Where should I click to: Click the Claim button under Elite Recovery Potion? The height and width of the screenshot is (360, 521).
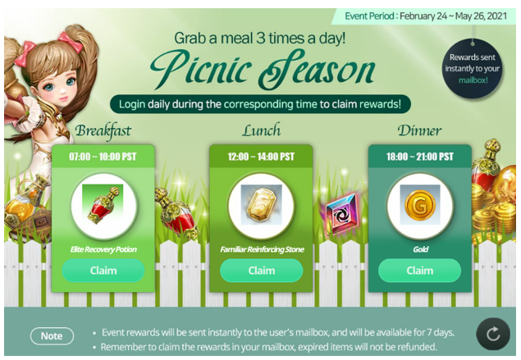click(x=103, y=271)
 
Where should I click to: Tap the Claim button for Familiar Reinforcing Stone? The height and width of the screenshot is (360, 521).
click(x=262, y=271)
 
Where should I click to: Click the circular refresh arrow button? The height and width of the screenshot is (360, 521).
click(x=493, y=334)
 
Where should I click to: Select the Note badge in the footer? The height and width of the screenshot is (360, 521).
click(x=52, y=336)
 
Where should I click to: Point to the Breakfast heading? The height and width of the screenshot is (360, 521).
click(x=103, y=131)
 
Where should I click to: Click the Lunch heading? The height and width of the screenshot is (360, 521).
click(x=261, y=130)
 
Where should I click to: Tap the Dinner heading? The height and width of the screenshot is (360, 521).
click(x=419, y=130)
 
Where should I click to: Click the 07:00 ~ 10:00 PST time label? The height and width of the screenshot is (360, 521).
click(x=103, y=157)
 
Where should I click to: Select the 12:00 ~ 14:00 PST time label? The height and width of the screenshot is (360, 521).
click(x=261, y=157)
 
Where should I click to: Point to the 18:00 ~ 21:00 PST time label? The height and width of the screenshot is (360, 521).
click(x=419, y=157)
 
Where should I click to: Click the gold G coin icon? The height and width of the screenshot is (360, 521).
click(x=420, y=205)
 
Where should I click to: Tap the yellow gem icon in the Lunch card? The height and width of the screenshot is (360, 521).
click(x=262, y=205)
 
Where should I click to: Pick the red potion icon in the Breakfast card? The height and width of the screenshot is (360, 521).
click(x=103, y=204)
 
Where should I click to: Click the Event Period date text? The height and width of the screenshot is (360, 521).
click(x=426, y=16)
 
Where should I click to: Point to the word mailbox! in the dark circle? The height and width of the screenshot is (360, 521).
click(x=473, y=80)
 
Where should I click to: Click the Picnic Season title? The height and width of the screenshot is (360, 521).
click(x=263, y=69)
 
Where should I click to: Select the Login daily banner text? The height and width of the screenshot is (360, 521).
click(x=260, y=104)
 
